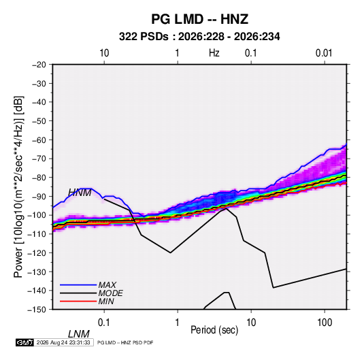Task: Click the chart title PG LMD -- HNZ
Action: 200,19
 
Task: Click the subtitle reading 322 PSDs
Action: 144,37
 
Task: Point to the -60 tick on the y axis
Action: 39,140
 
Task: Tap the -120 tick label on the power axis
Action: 37,252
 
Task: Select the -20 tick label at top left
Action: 39,65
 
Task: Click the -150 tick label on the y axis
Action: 37,310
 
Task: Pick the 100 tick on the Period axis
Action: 325,323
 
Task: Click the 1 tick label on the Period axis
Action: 178,323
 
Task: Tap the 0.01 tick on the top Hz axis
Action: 324,53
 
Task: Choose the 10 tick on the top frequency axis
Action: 104,53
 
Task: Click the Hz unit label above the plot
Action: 214,53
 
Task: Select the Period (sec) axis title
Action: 214,330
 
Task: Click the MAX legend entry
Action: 107,284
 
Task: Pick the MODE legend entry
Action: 110,293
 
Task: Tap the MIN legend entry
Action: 106,301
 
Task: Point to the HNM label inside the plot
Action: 80,193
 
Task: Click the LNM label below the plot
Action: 79,334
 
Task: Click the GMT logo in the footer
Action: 24,342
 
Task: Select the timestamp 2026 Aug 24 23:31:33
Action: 63,342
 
